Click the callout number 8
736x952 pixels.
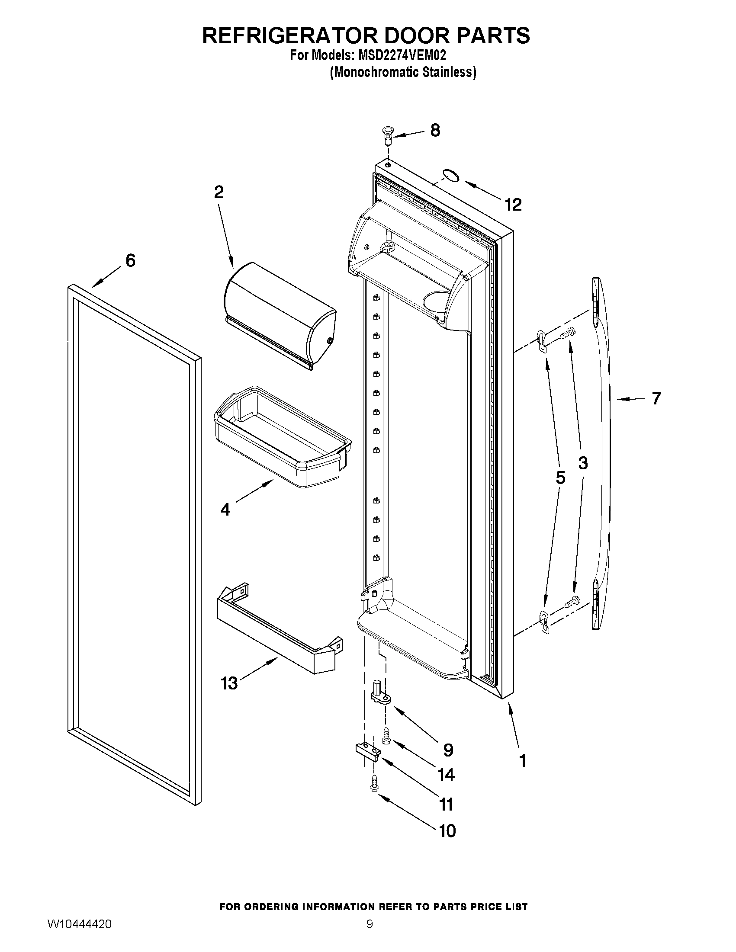point(435,130)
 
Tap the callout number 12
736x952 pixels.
point(513,205)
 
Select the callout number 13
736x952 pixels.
point(229,683)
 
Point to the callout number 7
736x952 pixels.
point(656,398)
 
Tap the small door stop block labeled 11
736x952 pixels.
point(367,752)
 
